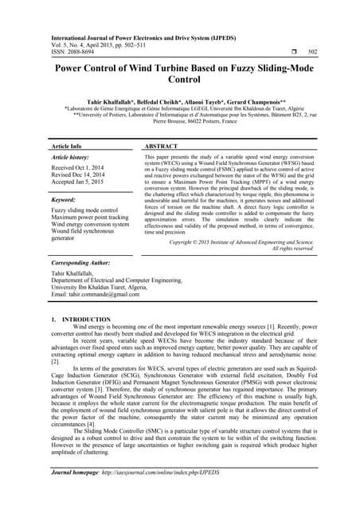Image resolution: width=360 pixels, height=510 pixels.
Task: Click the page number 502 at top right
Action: pos(312,49)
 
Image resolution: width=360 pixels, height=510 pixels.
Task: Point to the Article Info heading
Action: pos(66,147)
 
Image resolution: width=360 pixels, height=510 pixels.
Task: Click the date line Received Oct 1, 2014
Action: pos(81,170)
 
